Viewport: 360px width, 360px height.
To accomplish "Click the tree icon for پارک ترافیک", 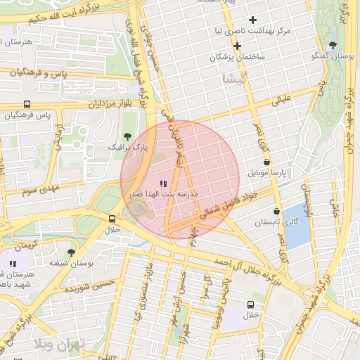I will point(127,136).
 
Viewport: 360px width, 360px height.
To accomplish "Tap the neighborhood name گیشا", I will point(234,77).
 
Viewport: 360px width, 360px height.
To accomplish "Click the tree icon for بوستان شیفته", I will point(71,251).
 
